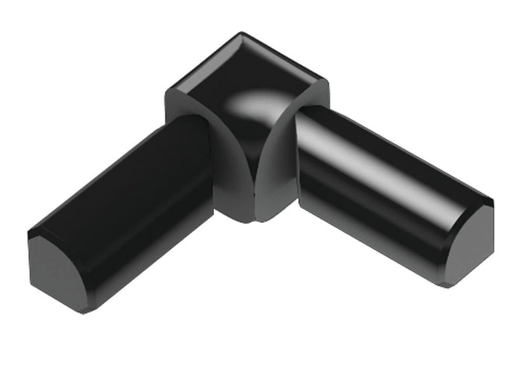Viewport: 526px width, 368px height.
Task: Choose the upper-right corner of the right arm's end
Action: (x=492, y=200)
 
